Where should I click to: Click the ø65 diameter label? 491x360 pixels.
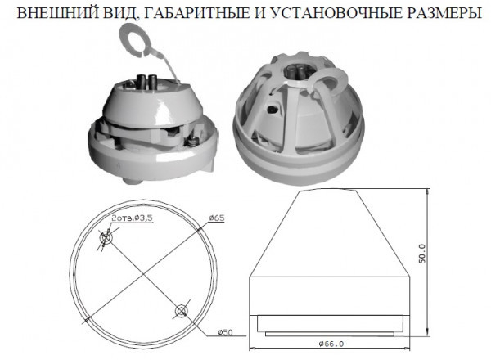(217, 218)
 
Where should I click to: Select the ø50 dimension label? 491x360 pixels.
(225, 332)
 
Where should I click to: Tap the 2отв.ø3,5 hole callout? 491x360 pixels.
(132, 218)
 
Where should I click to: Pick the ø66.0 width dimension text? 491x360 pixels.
(331, 344)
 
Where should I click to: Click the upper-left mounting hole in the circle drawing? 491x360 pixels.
(106, 239)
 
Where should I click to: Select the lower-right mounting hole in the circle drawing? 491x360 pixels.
(182, 311)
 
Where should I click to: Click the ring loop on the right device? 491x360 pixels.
(329, 82)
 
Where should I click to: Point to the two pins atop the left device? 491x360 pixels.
(148, 81)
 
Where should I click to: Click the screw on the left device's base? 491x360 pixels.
(192, 142)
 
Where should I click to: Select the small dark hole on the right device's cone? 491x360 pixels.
(272, 109)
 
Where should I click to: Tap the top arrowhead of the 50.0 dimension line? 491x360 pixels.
(428, 191)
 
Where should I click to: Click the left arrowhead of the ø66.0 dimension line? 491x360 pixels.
(252, 348)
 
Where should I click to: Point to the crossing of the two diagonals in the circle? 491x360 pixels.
(143, 275)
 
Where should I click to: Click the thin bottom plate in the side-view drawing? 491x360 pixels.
(330, 334)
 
